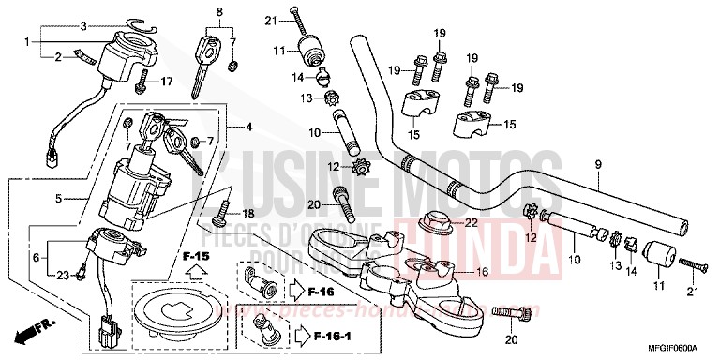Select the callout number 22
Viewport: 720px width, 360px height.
[470, 221]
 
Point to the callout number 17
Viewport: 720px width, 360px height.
[166, 82]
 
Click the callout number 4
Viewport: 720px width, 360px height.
[248, 127]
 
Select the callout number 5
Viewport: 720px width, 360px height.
[58, 199]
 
